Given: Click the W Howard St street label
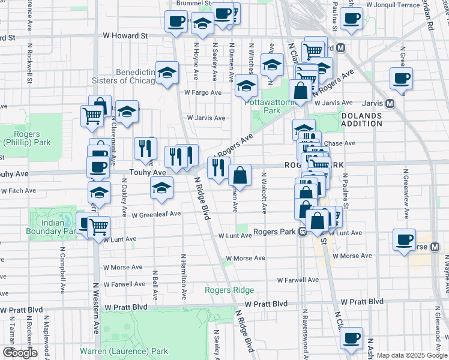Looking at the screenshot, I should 125,36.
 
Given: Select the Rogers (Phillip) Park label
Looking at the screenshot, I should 25,139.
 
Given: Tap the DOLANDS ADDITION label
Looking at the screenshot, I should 361,119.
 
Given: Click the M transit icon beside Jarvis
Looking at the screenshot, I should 390,103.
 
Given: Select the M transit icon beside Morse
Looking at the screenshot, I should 435,247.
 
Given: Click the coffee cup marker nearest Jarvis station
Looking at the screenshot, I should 401,77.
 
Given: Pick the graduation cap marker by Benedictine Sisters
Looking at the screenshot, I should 167,72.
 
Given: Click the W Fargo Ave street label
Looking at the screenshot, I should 203,93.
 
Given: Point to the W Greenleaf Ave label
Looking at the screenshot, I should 156,214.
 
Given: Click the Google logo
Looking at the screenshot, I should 20,353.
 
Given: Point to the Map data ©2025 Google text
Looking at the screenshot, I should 412,355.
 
